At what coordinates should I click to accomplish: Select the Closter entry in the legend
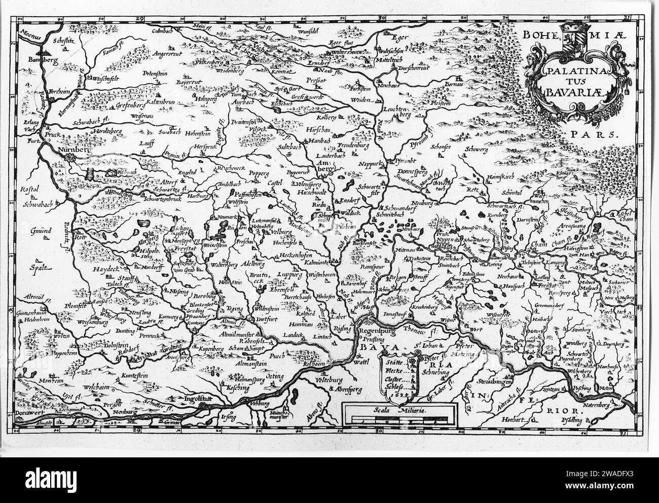[x=395, y=379]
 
